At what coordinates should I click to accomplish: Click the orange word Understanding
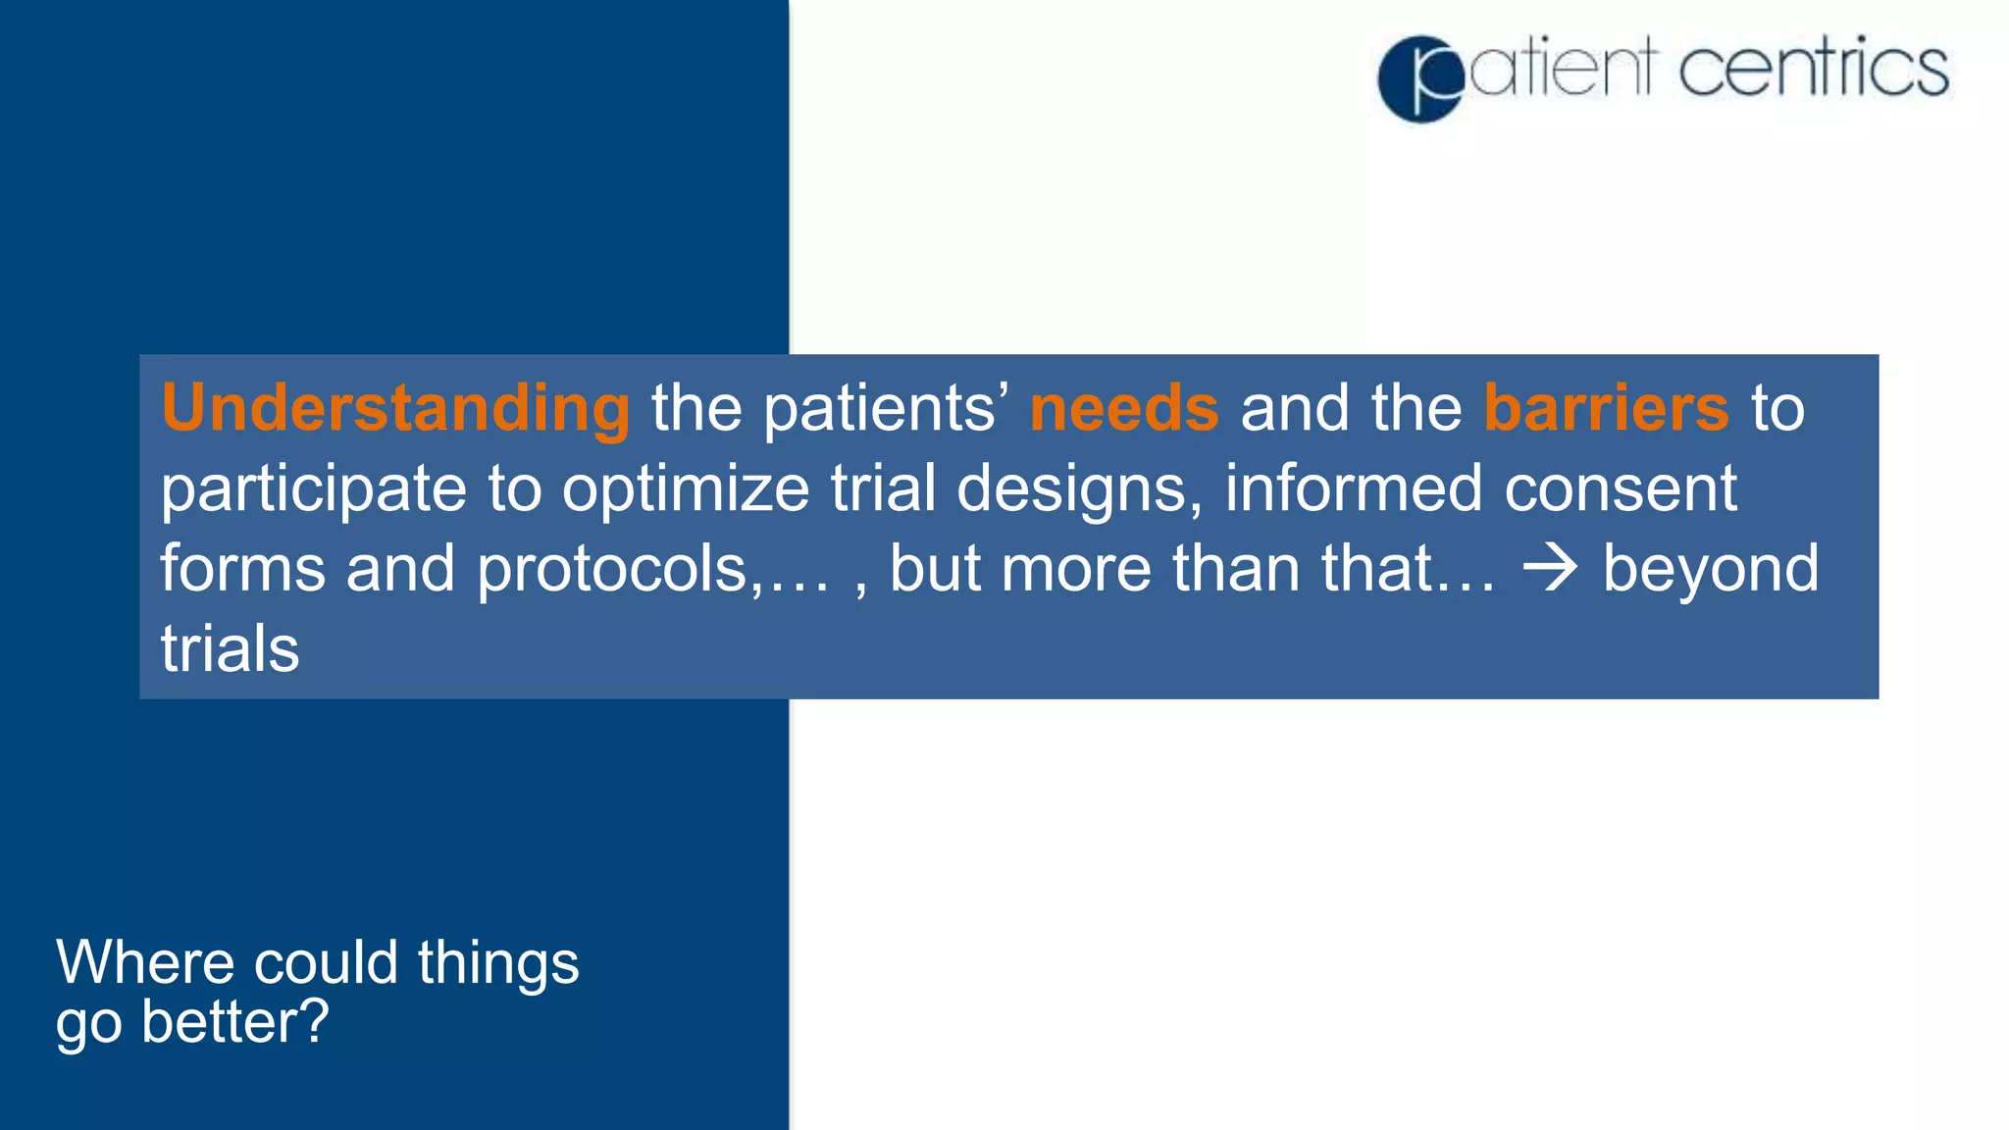(x=395, y=409)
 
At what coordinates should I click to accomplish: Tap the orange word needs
(x=1124, y=409)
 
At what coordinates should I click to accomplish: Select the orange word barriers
(x=1606, y=409)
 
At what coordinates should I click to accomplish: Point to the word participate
(x=314, y=489)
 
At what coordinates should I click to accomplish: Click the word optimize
(x=686, y=489)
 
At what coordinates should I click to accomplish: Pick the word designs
(x=1078, y=489)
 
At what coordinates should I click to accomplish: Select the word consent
(x=1621, y=489)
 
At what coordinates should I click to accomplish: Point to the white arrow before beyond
(x=1550, y=570)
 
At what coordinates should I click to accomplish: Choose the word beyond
(x=1710, y=570)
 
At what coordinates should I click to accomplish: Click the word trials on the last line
(x=230, y=649)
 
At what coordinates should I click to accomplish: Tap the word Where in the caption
(x=144, y=962)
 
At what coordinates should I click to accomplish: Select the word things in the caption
(x=498, y=964)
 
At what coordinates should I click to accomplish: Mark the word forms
(x=243, y=570)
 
